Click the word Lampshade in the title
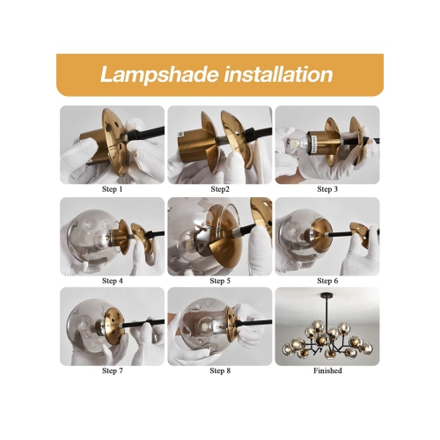click(159, 75)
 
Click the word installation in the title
click(278, 74)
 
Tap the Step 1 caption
click(113, 189)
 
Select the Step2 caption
click(220, 189)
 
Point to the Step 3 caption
click(327, 189)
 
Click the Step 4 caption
click(113, 281)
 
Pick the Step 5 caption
click(220, 281)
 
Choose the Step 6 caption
click(327, 281)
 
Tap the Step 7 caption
click(113, 370)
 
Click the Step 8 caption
click(220, 370)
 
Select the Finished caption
click(327, 370)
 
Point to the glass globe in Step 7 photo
click(88, 325)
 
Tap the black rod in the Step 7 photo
click(140, 324)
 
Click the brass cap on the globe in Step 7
click(113, 326)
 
